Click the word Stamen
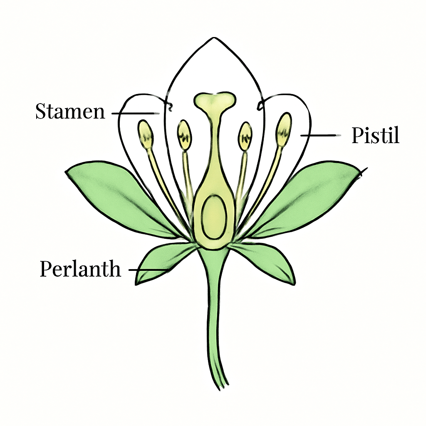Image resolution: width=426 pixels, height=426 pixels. (70, 111)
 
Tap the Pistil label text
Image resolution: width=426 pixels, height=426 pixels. (376, 135)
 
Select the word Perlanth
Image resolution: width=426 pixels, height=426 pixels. (80, 269)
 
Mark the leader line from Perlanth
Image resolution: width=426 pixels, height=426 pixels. (149, 270)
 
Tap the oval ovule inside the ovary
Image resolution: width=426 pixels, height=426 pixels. (214, 217)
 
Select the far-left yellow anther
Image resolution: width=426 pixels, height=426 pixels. (146, 134)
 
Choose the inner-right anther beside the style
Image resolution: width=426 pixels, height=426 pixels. (245, 136)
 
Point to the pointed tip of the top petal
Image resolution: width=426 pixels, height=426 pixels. (214, 37)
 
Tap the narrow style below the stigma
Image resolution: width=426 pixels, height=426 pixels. (215, 141)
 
